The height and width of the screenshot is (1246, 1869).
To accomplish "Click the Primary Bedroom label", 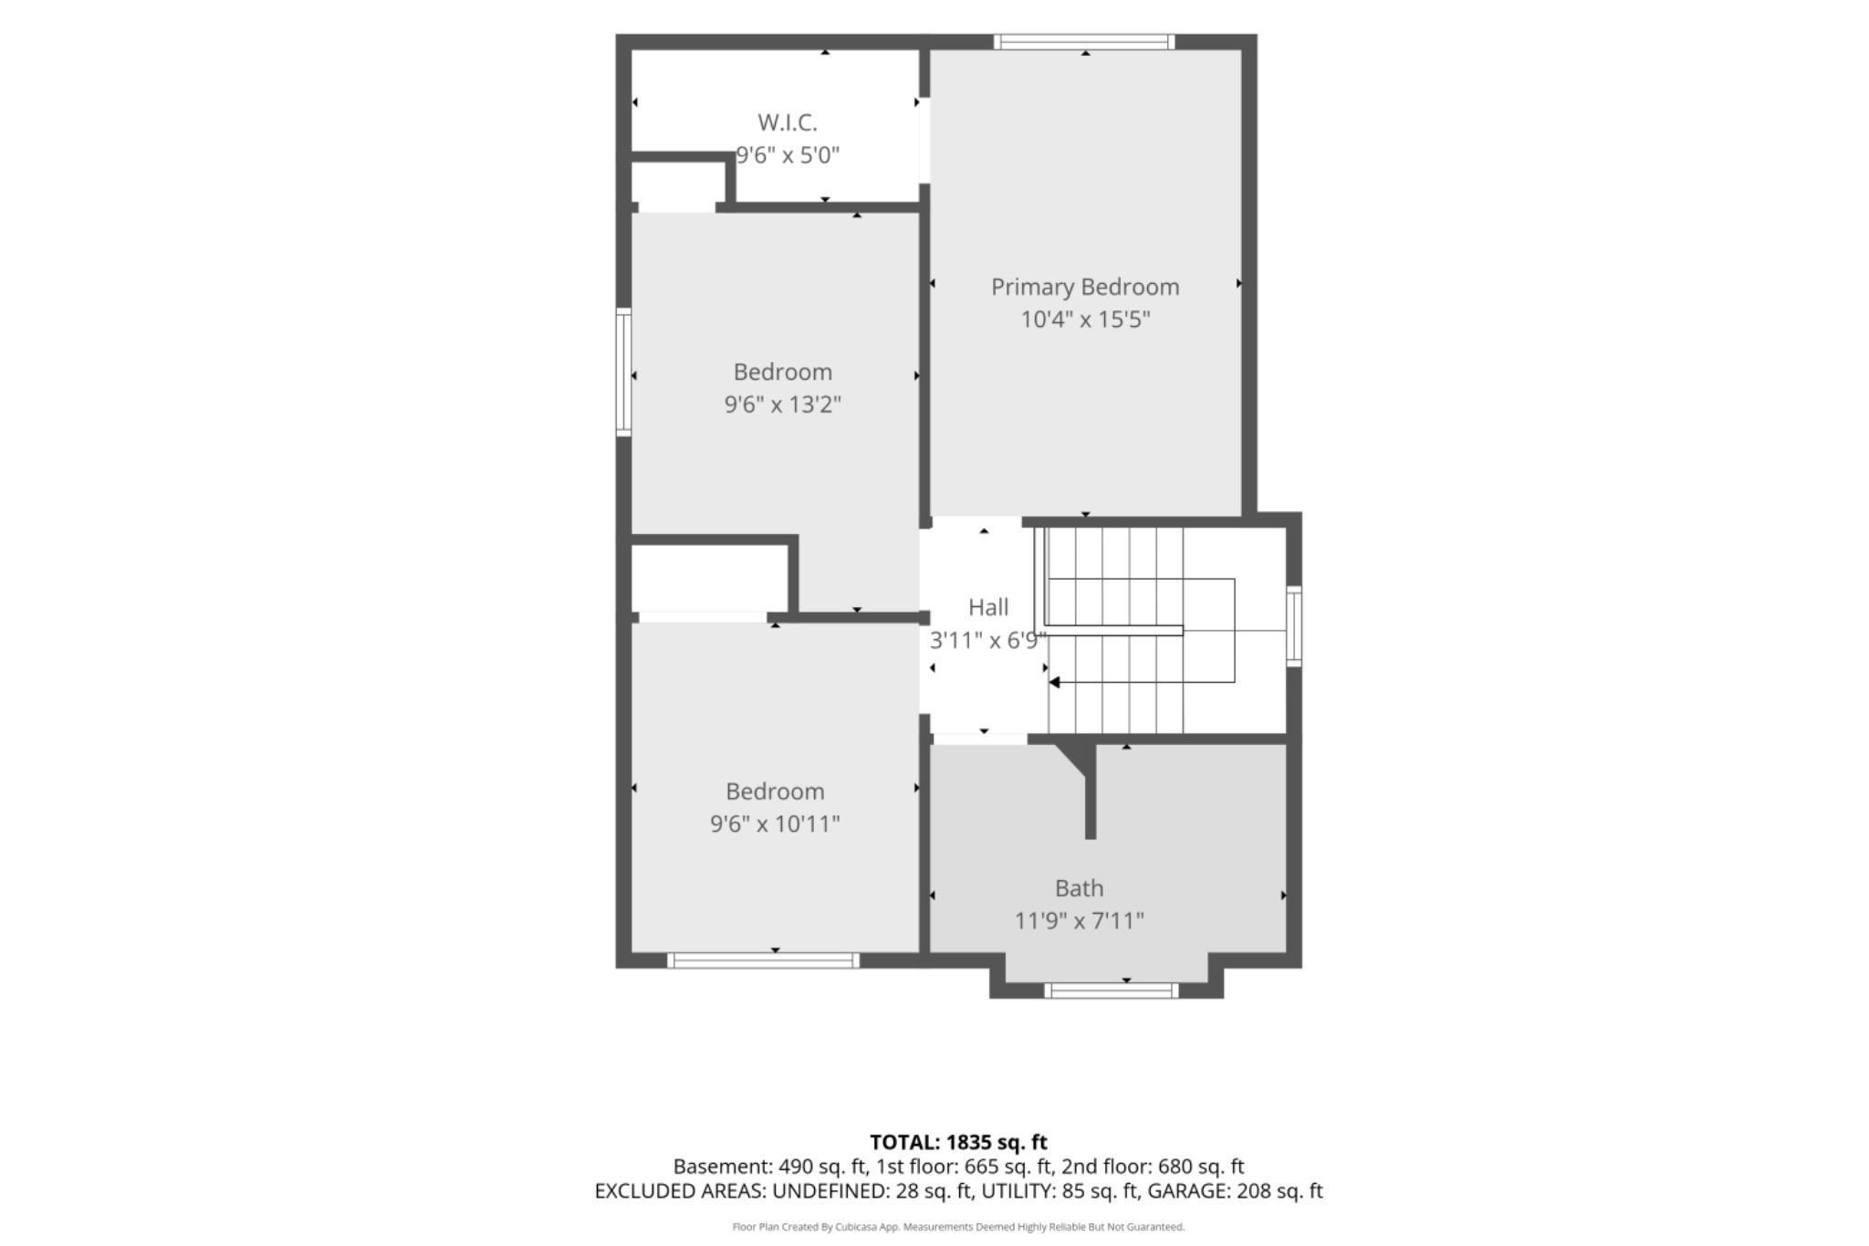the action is click(1085, 287).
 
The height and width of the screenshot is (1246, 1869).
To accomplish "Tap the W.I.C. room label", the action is click(787, 122).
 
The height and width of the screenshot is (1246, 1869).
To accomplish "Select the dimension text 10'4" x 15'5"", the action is click(1085, 319).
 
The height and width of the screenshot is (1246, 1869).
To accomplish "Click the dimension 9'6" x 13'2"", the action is click(782, 404).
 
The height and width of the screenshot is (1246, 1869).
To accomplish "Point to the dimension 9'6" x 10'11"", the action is click(775, 824).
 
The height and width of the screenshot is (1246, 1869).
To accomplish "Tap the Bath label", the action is click(1079, 888).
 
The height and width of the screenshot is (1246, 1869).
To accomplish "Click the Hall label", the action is click(988, 607).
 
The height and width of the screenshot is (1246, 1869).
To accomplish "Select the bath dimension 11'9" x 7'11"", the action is click(1079, 921).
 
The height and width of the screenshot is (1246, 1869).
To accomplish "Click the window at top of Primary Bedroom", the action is click(1084, 42).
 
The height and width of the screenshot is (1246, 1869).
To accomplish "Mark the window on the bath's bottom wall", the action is click(1111, 990).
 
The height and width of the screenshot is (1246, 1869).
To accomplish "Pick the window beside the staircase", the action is click(1294, 626).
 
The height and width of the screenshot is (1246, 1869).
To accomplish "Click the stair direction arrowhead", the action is click(1054, 682).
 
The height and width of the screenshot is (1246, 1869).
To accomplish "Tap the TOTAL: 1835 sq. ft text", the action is click(958, 1142).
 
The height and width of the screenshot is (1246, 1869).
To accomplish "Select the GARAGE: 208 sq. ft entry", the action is click(1235, 1191).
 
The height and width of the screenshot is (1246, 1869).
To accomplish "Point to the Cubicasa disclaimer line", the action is click(958, 1227).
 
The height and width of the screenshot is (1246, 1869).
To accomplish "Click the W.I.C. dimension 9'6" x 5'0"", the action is click(788, 155).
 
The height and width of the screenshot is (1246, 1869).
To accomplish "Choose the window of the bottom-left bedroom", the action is click(763, 960).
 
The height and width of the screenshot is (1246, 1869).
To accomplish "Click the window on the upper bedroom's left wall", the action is click(623, 372).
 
